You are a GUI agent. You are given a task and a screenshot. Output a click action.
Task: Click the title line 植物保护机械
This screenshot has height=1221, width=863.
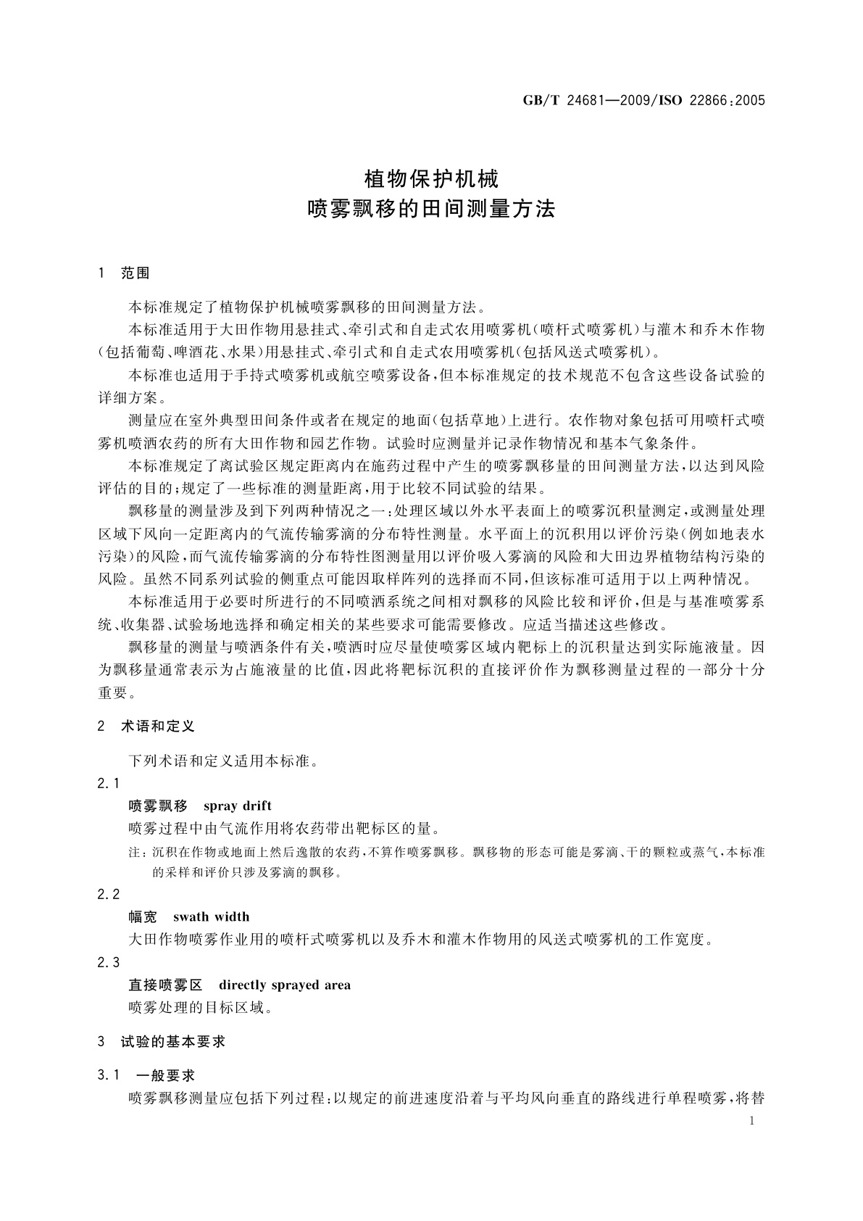tap(431, 178)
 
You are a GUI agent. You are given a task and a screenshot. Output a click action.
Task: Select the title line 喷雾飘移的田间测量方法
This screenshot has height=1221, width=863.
tap(431, 210)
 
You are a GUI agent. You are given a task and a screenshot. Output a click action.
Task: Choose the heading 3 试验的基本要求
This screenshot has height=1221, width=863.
tap(162, 1041)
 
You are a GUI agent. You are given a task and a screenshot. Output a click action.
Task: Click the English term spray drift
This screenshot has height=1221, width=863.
tap(238, 806)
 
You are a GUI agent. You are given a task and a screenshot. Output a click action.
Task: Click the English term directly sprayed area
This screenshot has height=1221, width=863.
tap(284, 985)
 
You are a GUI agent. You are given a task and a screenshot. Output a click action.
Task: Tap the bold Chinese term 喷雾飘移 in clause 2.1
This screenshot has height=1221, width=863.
tap(158, 806)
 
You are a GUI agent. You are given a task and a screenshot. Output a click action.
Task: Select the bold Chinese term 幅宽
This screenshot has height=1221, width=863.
tap(143, 916)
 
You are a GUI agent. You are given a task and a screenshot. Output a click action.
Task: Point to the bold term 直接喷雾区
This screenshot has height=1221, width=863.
tap(165, 985)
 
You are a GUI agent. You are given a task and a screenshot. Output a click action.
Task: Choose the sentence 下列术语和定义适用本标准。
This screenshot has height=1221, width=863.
tap(223, 761)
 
